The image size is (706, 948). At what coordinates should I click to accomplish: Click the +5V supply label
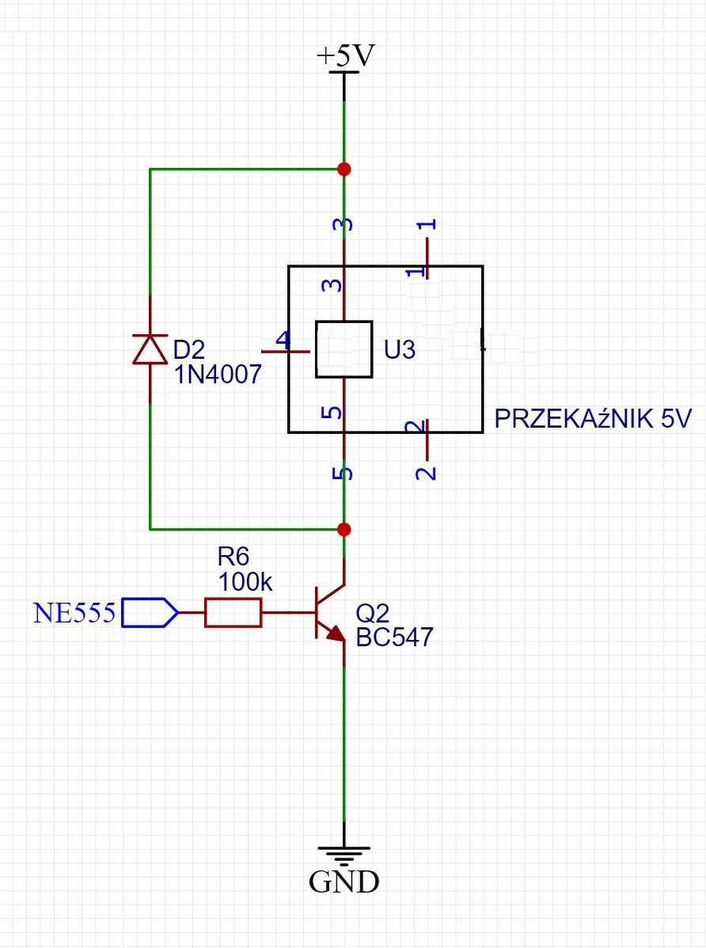click(346, 56)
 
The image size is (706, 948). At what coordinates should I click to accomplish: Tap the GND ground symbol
click(344, 856)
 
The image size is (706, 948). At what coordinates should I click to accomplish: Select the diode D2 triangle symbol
click(150, 348)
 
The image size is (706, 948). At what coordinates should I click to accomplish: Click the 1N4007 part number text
click(218, 375)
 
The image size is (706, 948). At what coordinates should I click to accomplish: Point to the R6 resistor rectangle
click(233, 612)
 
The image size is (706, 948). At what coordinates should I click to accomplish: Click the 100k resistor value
click(245, 582)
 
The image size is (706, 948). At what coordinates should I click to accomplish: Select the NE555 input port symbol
click(150, 612)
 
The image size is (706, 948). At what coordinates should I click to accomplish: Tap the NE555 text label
click(74, 613)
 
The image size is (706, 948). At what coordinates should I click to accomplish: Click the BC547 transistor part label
click(394, 638)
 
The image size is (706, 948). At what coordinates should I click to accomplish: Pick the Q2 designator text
click(372, 614)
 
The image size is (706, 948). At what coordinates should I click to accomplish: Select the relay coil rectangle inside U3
click(344, 349)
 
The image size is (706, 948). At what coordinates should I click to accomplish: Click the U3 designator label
click(400, 349)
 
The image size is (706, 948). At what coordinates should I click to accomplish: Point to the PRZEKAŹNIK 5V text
click(592, 418)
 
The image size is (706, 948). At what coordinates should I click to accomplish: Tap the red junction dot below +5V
click(344, 169)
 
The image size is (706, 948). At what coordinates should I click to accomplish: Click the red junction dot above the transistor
click(344, 530)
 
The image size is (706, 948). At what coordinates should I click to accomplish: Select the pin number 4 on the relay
click(283, 341)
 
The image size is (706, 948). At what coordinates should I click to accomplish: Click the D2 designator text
click(189, 349)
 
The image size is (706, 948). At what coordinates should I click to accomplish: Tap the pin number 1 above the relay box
click(427, 224)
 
